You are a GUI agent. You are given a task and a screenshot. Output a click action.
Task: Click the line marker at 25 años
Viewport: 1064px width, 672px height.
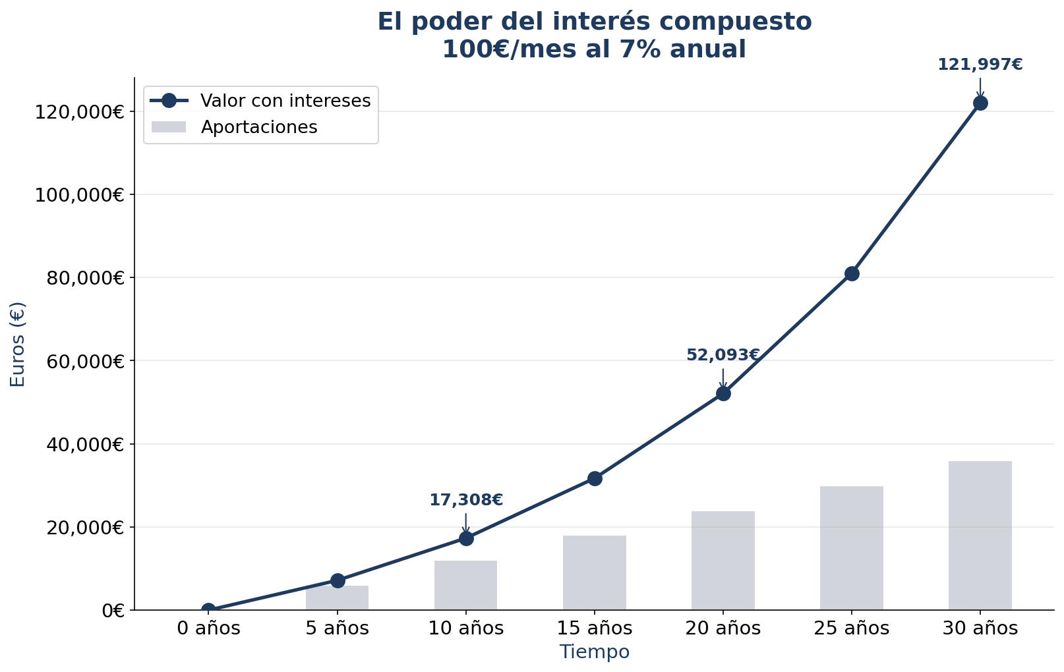coord(852,273)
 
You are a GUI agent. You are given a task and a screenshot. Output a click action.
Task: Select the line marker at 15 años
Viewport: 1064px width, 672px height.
coord(595,478)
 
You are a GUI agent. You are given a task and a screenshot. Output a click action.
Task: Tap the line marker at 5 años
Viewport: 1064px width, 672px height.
coord(338,580)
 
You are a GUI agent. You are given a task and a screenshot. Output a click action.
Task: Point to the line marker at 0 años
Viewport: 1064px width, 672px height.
coord(208,610)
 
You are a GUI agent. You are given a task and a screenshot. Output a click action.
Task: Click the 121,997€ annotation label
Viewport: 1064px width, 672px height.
coord(980,65)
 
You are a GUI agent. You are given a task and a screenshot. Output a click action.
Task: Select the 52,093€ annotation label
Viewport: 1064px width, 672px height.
coord(723,355)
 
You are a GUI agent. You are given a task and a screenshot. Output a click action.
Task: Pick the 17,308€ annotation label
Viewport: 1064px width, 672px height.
coord(465,500)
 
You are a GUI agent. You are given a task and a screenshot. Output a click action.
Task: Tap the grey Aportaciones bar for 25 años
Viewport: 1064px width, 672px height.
coord(852,548)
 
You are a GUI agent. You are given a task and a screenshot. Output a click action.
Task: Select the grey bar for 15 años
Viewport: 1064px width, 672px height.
coord(595,573)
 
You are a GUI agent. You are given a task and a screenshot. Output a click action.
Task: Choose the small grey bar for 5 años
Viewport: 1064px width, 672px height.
coord(338,598)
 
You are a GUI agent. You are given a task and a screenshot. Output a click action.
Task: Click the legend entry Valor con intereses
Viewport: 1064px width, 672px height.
coord(285,101)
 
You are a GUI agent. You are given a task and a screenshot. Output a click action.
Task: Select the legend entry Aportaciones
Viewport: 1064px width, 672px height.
coord(258,127)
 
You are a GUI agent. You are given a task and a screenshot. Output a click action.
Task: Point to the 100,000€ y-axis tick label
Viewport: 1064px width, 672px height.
coord(78,195)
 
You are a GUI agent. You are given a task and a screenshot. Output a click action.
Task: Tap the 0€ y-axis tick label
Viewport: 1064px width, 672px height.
coord(113,611)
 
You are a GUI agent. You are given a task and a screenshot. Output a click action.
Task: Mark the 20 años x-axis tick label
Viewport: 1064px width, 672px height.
coord(723,629)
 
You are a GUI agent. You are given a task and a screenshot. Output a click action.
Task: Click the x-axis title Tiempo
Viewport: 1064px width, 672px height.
coord(595,652)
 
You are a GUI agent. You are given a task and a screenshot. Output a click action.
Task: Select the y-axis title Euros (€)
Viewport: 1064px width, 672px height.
coord(18,344)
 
